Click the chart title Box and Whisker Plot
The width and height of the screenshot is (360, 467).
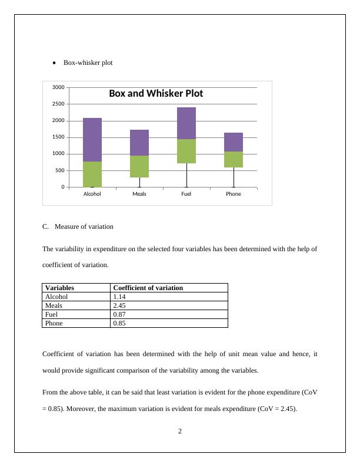[x=156, y=94]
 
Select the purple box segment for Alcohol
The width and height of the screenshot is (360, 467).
[x=92, y=140]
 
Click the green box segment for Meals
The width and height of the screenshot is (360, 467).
[x=139, y=166]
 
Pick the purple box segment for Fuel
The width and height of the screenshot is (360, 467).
[x=186, y=123]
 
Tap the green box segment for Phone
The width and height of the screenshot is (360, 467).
[x=234, y=159]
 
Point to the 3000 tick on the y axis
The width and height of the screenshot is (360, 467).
[x=58, y=87]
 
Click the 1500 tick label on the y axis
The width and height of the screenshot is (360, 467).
[x=58, y=137]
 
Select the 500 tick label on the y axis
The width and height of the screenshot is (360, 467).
[x=59, y=170]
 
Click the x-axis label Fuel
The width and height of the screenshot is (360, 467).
[x=186, y=193]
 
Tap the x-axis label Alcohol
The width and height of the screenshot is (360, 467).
[x=92, y=193]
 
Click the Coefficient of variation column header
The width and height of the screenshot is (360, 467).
[x=148, y=288]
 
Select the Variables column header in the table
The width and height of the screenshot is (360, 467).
[x=59, y=288]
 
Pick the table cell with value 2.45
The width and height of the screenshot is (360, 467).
[x=120, y=305]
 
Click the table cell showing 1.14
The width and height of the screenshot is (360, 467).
[x=120, y=297]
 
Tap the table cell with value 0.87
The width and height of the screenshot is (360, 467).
[x=120, y=314]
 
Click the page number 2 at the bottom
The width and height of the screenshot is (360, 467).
[x=180, y=431]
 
